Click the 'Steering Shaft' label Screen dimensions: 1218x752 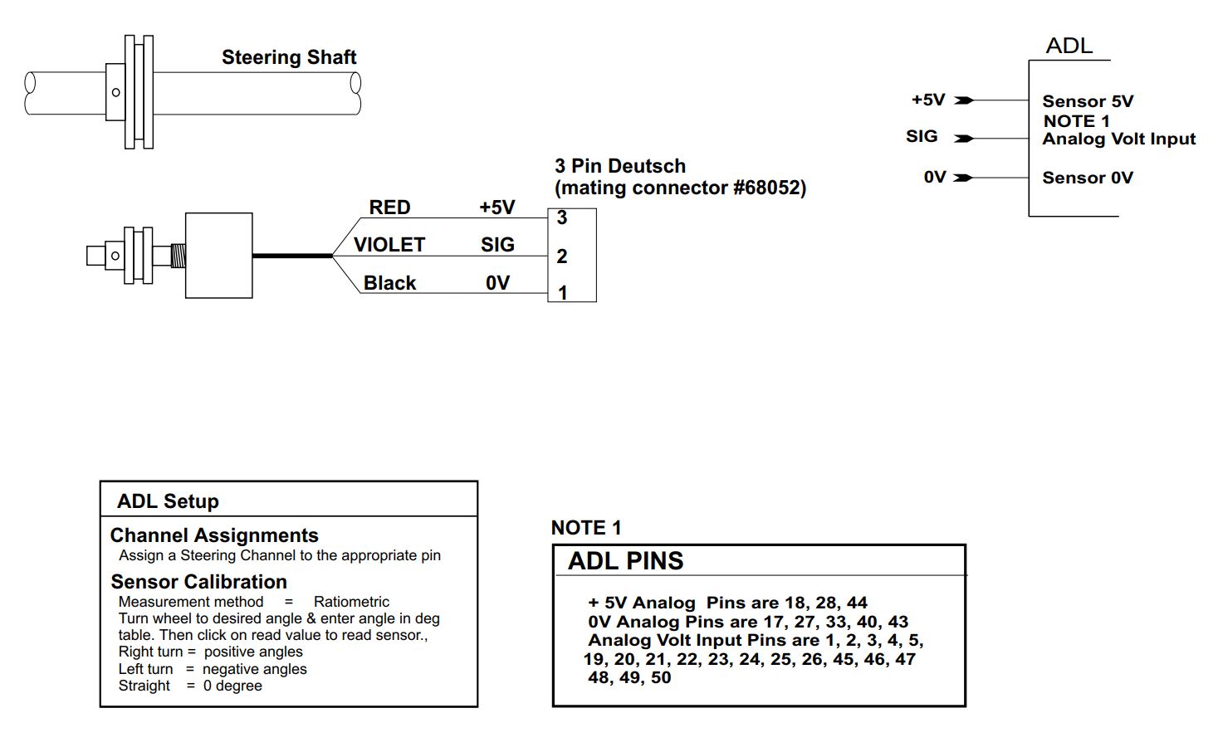pos(289,57)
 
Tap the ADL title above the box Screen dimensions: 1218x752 pos(1069,46)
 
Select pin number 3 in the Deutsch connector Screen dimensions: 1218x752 pos(562,217)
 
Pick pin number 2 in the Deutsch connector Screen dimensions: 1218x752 pos(562,256)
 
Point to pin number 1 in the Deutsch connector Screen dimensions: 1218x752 pos(563,293)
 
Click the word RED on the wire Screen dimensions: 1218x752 pos(389,208)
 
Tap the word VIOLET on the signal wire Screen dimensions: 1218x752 pos(389,245)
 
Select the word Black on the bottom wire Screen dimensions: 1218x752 pos(389,283)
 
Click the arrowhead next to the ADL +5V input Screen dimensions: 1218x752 pos(964,100)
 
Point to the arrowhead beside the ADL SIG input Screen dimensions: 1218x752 pos(964,139)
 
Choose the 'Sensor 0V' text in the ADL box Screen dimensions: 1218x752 pos(1088,178)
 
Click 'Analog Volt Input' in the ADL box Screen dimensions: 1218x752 pos(1119,139)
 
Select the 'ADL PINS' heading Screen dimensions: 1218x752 pos(625,560)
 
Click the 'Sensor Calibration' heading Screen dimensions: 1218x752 pos(199,582)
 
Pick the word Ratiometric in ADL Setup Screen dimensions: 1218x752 pos(351,602)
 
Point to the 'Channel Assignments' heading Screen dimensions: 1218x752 pos(214,535)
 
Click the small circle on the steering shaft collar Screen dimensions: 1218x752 pos(115,92)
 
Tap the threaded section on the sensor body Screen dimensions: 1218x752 pos(179,256)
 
